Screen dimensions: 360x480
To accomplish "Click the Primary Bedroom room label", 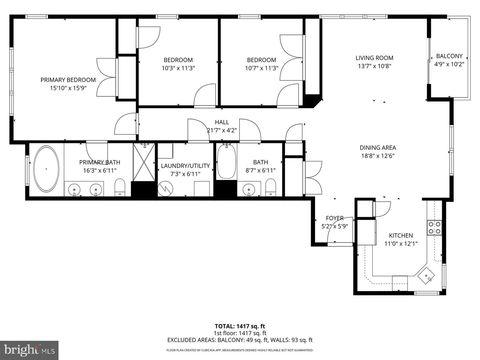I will [x=68, y=80].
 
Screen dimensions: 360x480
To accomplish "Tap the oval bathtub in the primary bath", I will [x=46, y=169].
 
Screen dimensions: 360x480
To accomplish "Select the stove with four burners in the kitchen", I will [x=434, y=228].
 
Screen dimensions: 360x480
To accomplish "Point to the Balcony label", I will [x=449, y=56].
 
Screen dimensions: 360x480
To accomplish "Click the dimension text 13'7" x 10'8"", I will [x=374, y=66].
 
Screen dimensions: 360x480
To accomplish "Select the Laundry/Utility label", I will [x=185, y=166].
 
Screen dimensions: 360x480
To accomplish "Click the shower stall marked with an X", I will [x=144, y=162].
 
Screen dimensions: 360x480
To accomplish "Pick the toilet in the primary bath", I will [x=120, y=188].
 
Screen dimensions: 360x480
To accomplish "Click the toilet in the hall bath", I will [x=271, y=188].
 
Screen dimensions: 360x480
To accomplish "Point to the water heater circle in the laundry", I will [x=165, y=189].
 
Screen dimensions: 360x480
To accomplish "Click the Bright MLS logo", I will [x=29, y=350].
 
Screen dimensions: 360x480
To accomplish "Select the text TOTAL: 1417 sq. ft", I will [x=240, y=326].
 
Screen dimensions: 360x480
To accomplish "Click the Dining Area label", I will [x=378, y=148].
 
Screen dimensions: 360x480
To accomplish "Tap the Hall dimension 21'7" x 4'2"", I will [x=222, y=130].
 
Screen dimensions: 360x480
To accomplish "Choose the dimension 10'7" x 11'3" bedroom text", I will [x=261, y=68].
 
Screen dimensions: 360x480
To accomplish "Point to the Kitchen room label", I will [x=401, y=235].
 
